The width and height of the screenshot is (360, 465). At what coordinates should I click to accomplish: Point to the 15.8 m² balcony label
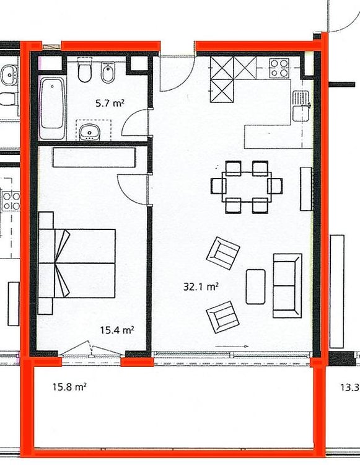point(69,387)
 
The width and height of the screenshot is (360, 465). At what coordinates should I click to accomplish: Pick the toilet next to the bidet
point(84,73)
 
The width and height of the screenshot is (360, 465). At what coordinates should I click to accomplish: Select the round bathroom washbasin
point(91,131)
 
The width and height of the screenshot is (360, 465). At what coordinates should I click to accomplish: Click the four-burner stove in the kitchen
point(280,67)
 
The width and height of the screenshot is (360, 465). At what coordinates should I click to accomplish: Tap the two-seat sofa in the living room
point(287,285)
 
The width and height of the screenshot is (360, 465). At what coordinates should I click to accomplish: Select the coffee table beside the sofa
point(255,286)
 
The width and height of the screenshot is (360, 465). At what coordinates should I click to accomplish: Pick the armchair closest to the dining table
point(223,251)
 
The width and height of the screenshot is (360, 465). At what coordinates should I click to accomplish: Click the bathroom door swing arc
point(134,122)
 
